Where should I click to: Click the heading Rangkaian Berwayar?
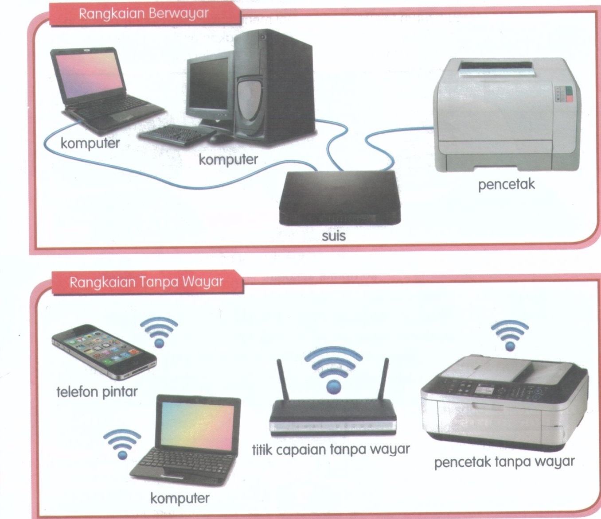[x=144, y=14]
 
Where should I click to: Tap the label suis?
[x=333, y=236]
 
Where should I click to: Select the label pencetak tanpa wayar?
[x=504, y=461]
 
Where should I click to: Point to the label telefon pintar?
[x=97, y=391]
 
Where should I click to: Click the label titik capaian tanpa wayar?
[x=331, y=449]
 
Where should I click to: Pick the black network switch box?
[x=340, y=198]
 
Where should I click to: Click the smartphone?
[x=104, y=352]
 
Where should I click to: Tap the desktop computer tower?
[x=274, y=87]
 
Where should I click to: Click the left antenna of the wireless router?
[x=282, y=380]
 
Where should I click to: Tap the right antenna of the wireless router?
[x=383, y=379]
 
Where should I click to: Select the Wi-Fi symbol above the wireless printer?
[x=510, y=335]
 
